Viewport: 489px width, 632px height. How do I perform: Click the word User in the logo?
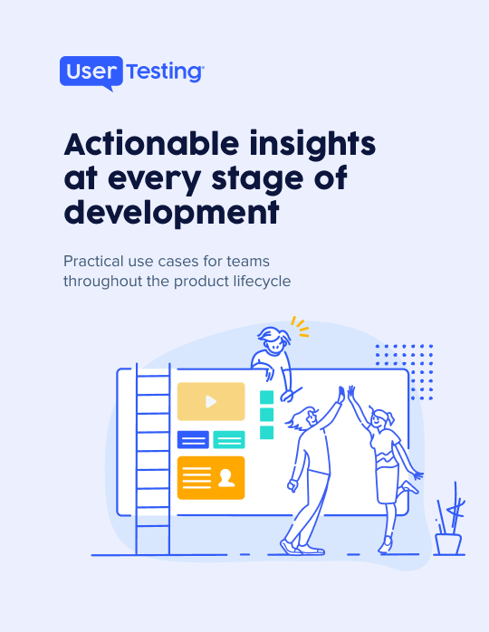(x=91, y=72)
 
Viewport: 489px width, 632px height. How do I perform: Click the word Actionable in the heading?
(x=151, y=143)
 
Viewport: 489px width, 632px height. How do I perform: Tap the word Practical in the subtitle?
(x=93, y=261)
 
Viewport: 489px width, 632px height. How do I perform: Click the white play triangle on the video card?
(x=211, y=401)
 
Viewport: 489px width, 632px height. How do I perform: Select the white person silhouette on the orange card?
(x=226, y=478)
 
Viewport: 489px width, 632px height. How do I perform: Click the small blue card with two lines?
(x=193, y=440)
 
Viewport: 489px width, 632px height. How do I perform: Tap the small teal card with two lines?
(x=229, y=440)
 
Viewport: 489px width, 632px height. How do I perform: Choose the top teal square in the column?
(x=266, y=397)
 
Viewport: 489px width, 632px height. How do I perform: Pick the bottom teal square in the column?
(x=266, y=433)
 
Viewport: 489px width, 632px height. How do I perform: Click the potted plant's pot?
(x=448, y=544)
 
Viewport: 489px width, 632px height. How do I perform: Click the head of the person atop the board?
(x=274, y=340)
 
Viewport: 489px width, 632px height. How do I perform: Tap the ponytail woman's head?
(x=380, y=419)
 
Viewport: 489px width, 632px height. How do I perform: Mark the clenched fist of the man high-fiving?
(x=293, y=485)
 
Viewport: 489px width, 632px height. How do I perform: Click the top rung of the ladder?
(x=153, y=376)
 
